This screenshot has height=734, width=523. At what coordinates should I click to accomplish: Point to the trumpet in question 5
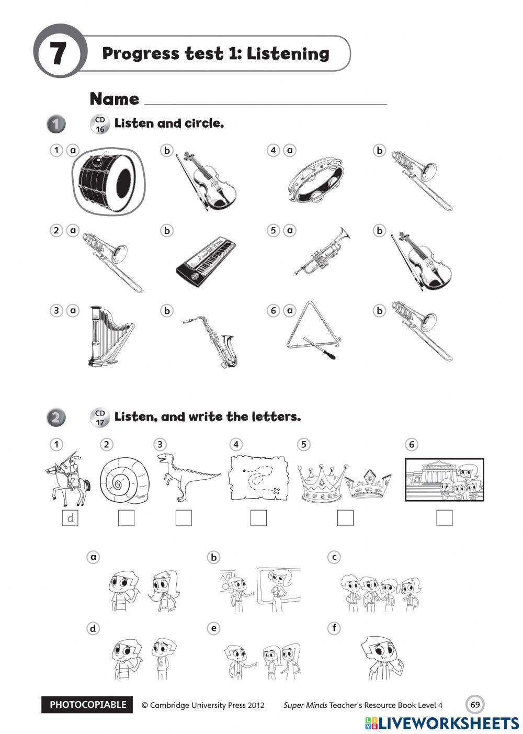[x=321, y=251]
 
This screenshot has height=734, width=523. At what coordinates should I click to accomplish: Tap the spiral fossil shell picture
[x=124, y=480]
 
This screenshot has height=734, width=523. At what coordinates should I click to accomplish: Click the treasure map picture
[x=259, y=478]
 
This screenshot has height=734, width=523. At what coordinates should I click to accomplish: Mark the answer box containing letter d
[x=70, y=518]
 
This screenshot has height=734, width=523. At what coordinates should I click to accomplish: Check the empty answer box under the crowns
[x=345, y=518]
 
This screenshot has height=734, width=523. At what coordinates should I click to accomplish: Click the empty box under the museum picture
[x=444, y=518]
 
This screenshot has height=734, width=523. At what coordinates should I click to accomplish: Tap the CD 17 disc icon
[x=99, y=418]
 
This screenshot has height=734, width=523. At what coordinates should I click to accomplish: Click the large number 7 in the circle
[x=58, y=54]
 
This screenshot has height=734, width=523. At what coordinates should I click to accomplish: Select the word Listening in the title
[x=288, y=53]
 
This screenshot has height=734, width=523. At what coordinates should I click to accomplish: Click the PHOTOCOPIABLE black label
[x=87, y=705]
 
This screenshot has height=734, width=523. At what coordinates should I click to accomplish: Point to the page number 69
[x=475, y=704]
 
